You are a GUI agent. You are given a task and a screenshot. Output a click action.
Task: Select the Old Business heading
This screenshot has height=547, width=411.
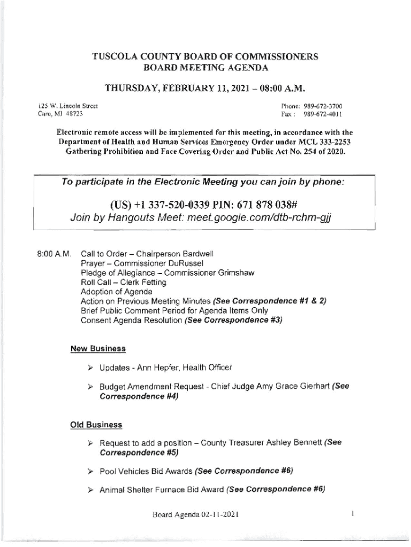(x=96, y=425)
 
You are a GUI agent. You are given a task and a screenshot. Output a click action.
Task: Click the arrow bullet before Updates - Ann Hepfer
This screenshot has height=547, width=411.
(x=91, y=368)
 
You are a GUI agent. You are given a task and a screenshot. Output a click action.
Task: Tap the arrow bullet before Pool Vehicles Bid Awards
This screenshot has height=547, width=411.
(x=91, y=471)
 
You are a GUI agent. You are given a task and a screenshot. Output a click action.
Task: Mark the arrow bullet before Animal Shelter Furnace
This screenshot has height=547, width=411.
(x=91, y=489)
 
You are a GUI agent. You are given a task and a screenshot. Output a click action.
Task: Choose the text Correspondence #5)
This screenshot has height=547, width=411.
(x=139, y=452)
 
